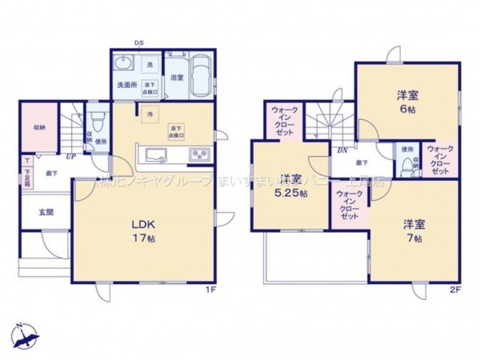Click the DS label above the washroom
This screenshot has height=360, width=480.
(138, 42)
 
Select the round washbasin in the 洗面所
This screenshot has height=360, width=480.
(124, 65)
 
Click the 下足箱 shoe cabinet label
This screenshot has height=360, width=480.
(26, 176)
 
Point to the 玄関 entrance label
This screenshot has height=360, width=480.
(46, 212)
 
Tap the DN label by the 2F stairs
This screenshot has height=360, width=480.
(341, 150)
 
